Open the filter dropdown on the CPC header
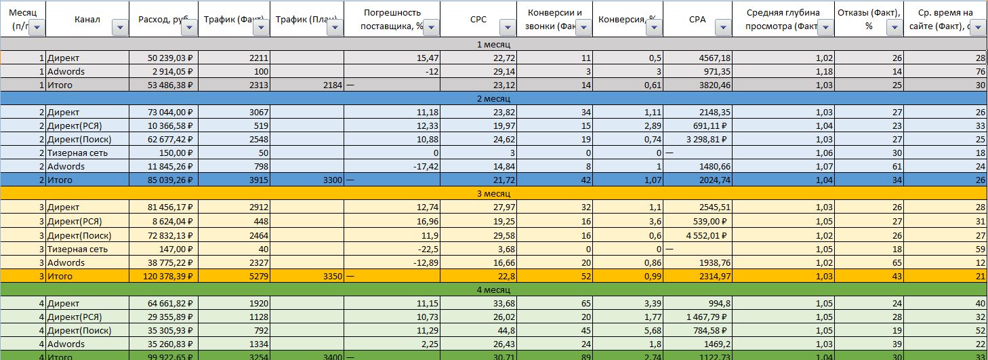(x=506, y=27)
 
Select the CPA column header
(x=697, y=19)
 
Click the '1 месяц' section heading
(x=493, y=44)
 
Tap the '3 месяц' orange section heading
(x=493, y=194)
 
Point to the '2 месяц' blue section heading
(x=493, y=98)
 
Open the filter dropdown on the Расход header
(x=189, y=27)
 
